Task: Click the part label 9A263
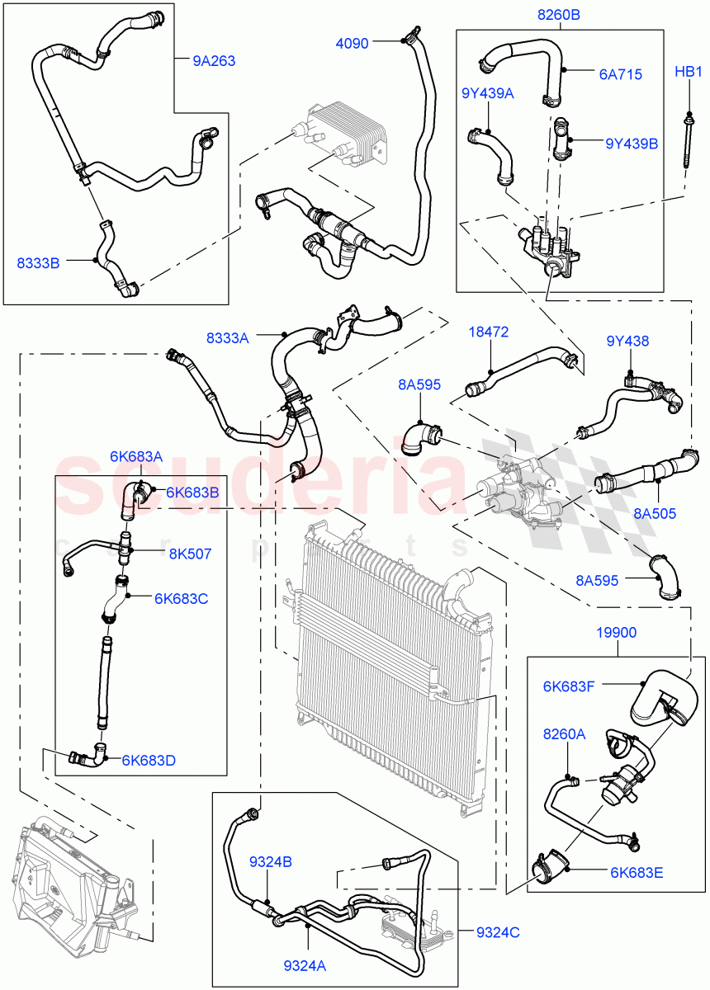214,59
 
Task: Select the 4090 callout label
353,42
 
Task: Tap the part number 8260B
559,15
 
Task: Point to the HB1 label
687,72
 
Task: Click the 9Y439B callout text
631,143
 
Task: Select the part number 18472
488,332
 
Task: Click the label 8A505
655,513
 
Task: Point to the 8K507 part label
190,554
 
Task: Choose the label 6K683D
148,760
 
